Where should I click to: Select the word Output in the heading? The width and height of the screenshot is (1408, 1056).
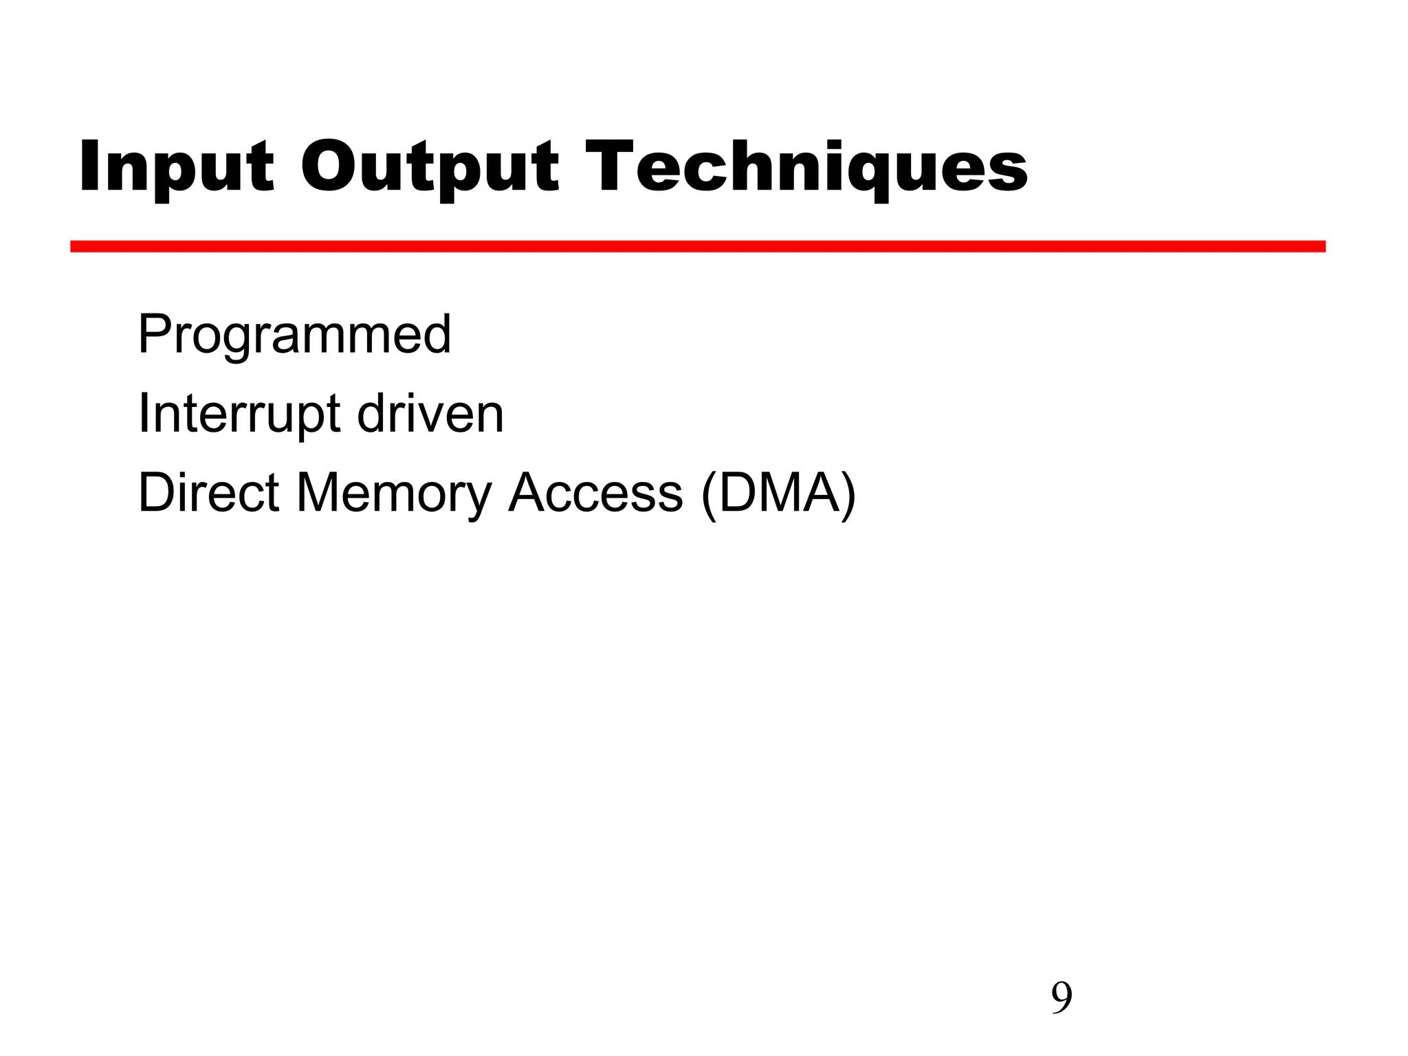[x=430, y=167]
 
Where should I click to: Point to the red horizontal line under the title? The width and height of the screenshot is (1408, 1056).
[x=697, y=246]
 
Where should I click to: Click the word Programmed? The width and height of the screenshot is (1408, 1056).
[x=294, y=335]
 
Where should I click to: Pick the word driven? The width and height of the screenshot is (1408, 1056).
[x=430, y=414]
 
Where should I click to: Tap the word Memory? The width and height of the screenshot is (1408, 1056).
[x=394, y=494]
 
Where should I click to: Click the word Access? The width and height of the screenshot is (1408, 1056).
[x=595, y=492]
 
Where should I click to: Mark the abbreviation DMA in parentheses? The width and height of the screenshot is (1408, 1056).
[x=780, y=492]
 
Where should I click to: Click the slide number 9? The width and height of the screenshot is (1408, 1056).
[x=1061, y=998]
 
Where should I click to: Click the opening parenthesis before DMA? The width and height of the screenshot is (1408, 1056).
[x=709, y=495]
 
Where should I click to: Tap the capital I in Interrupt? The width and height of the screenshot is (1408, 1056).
[x=143, y=414]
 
